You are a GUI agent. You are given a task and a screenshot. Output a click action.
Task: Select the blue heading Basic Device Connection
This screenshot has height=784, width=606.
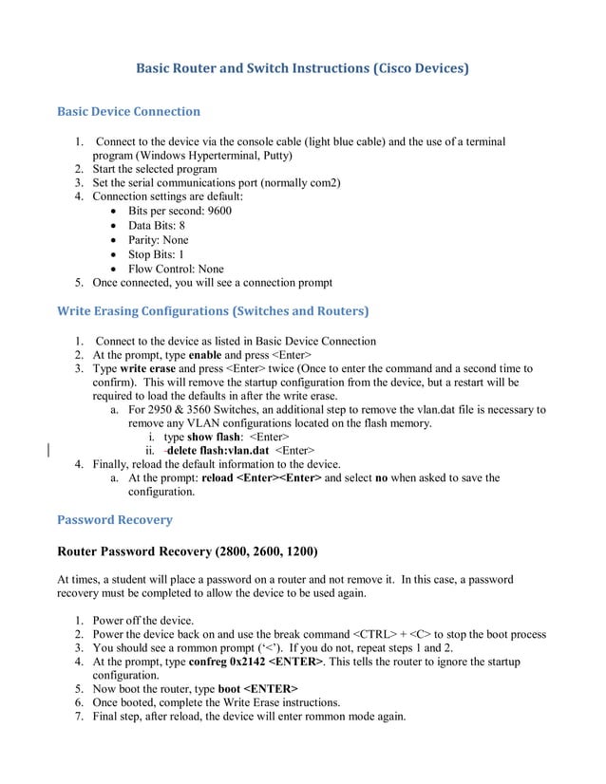(128, 111)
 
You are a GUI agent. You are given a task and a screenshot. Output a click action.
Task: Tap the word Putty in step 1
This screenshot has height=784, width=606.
(275, 155)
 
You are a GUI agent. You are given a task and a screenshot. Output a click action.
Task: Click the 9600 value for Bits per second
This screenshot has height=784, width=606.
(218, 211)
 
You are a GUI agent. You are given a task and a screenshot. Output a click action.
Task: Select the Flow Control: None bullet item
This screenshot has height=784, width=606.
(176, 269)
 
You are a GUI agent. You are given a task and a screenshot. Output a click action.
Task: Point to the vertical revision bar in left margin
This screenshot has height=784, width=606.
(48, 450)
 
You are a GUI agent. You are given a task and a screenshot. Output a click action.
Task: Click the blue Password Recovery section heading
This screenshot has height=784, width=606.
(115, 519)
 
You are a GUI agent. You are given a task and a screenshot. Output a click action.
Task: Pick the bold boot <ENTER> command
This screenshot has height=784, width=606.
(257, 688)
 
